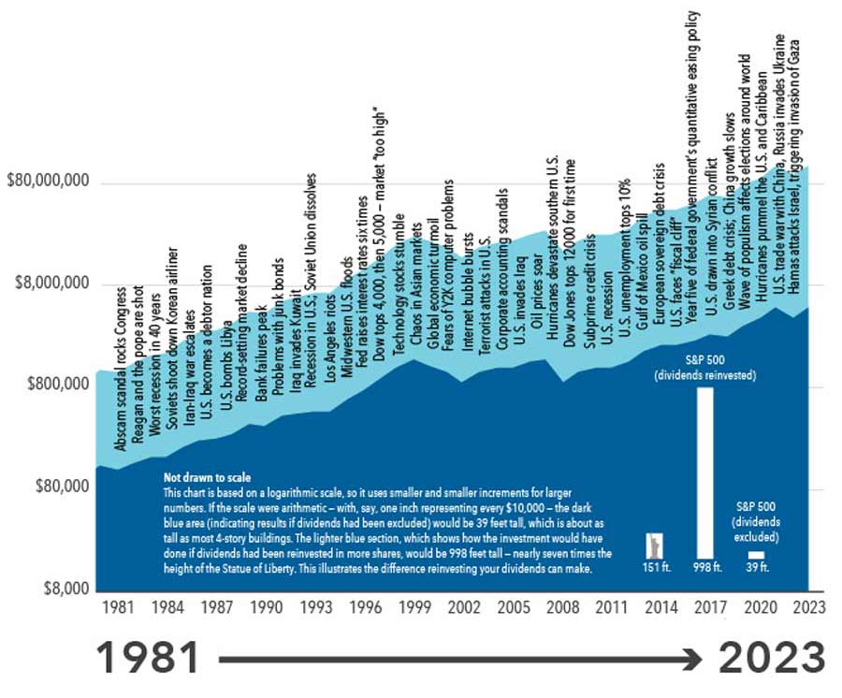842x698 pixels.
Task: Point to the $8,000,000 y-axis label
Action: coord(52,284)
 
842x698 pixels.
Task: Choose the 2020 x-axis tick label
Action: coord(758,607)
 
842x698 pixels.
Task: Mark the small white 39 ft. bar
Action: coord(756,555)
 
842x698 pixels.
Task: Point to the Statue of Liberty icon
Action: coord(655,545)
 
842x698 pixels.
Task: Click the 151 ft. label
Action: coord(655,568)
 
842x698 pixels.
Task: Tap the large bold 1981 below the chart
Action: coord(148,659)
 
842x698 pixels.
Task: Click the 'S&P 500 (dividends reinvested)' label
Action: coord(704,367)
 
